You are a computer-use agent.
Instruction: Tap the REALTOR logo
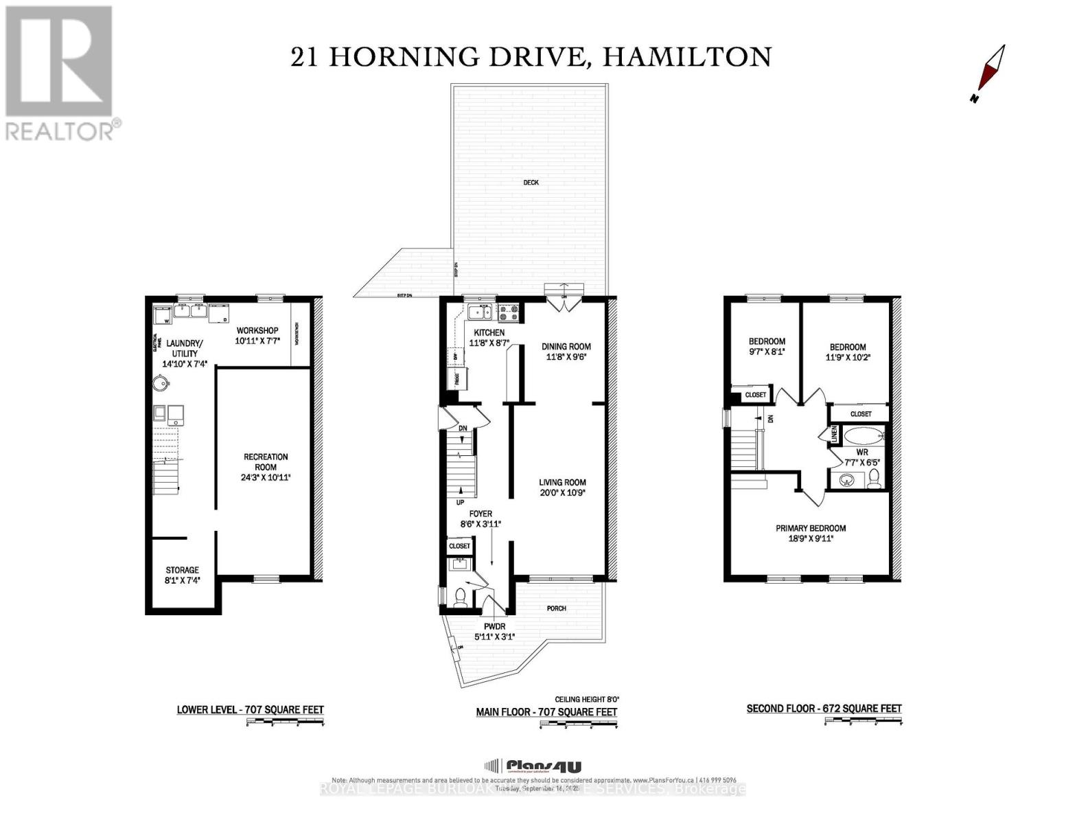click(x=60, y=72)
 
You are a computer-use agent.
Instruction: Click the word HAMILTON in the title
click(x=686, y=57)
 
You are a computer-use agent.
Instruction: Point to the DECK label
click(x=531, y=183)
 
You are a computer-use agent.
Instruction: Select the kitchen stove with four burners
click(x=510, y=313)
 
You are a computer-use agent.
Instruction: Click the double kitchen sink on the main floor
click(x=479, y=312)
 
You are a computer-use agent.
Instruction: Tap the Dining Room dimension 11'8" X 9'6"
click(x=566, y=357)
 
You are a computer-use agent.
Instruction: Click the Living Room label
click(x=562, y=482)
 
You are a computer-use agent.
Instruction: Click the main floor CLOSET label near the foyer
click(x=459, y=546)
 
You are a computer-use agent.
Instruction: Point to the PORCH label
click(x=556, y=608)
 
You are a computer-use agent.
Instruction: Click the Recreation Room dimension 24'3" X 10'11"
click(x=266, y=477)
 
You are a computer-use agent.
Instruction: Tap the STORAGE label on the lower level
click(x=182, y=570)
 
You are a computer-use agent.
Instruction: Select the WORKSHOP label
click(x=257, y=331)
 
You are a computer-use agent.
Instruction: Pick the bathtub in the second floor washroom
click(x=861, y=436)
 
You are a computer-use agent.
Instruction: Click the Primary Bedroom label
click(x=811, y=528)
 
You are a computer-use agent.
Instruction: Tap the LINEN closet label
click(x=835, y=434)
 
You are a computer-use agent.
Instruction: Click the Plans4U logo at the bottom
click(x=533, y=766)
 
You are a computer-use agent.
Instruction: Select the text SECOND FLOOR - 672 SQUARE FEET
click(x=824, y=709)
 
